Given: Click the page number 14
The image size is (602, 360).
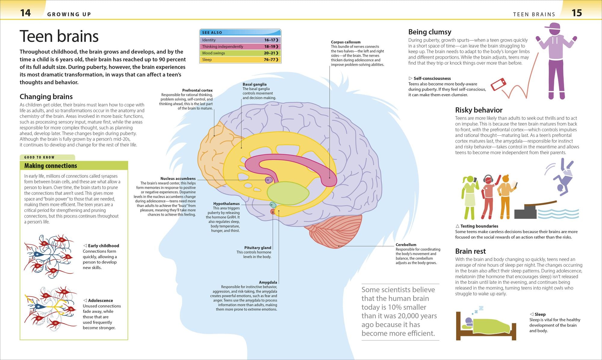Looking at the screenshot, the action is point(26,13).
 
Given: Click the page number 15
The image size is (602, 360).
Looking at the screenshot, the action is point(577,13).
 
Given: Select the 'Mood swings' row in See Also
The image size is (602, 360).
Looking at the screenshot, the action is point(240,53).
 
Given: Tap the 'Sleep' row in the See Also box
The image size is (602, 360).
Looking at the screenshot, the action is point(240,60).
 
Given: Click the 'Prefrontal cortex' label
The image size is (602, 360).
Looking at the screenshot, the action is point(197,90).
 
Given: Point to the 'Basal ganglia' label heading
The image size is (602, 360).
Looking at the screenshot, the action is point(255,84).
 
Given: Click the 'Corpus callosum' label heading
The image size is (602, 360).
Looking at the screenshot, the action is point(346,42).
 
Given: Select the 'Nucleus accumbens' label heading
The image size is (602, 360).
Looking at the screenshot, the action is point(178,178).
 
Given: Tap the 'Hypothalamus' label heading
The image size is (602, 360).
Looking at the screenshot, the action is point(226,204).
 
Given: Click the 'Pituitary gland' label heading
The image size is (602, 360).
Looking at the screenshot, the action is point(258,248).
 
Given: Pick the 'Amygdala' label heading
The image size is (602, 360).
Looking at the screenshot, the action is point(268,282).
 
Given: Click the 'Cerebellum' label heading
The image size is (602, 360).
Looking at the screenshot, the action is point(406,245).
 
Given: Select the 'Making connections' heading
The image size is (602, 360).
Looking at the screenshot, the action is point(51,166).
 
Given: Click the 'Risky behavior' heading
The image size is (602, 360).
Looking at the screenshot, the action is point(479,110).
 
